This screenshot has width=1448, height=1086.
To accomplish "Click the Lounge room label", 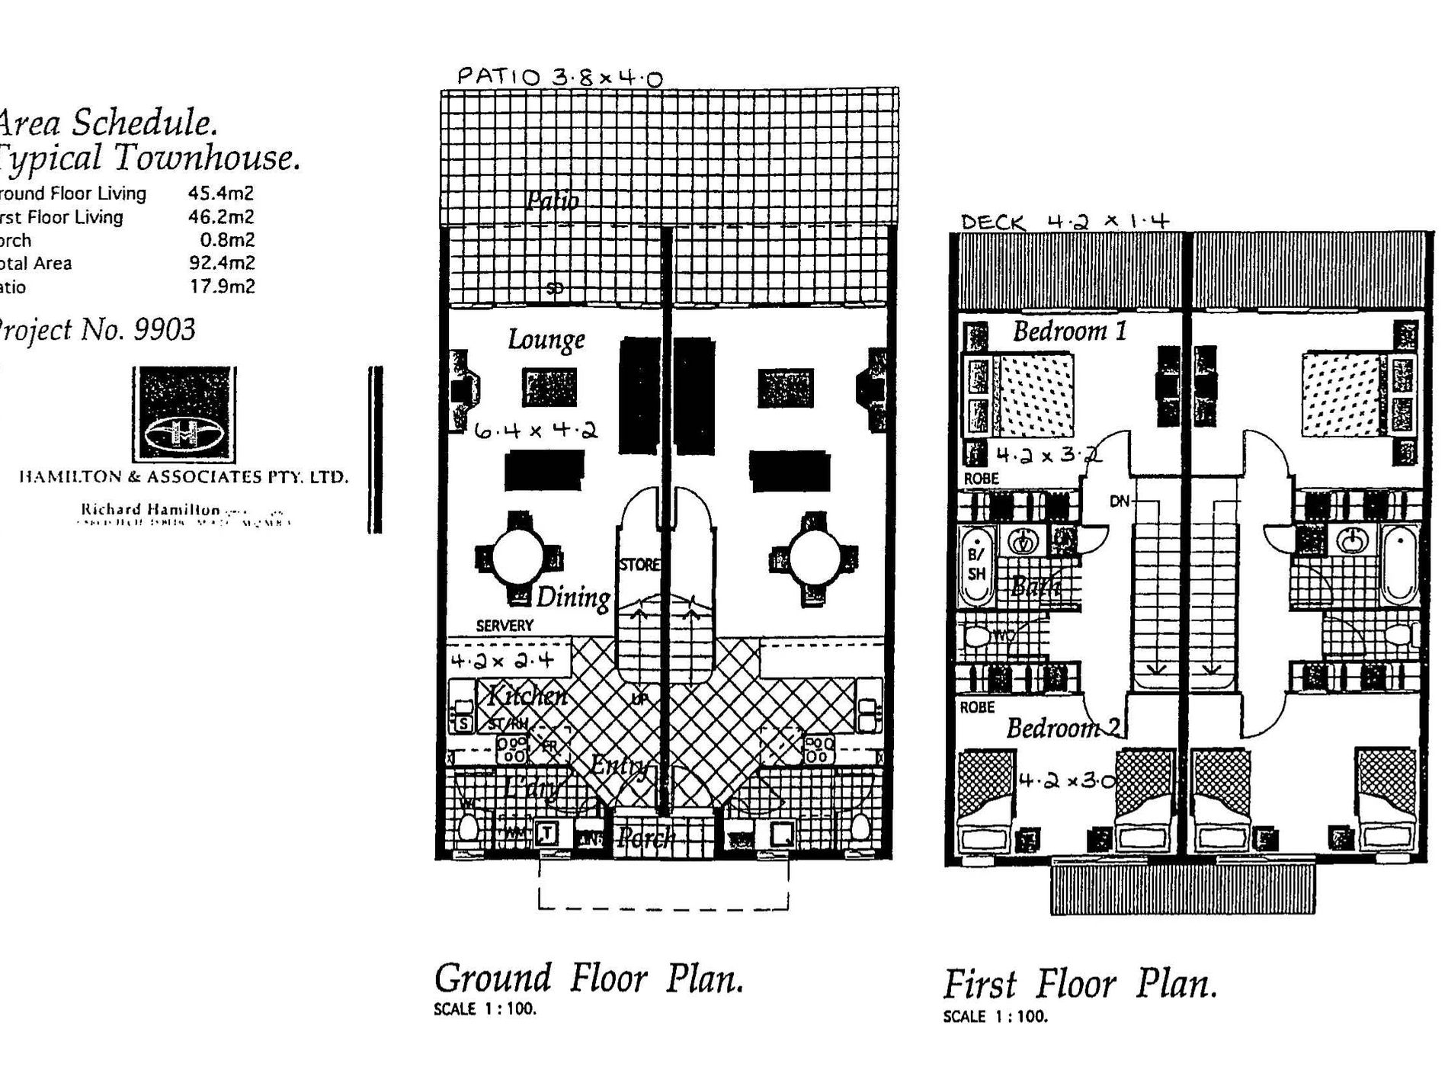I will pyautogui.click(x=546, y=339).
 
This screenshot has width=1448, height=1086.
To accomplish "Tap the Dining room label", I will pyautogui.click(x=573, y=597).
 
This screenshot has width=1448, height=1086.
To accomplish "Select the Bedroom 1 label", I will pyautogui.click(x=1068, y=332).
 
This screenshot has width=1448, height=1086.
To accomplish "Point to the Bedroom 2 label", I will pyautogui.click(x=1063, y=728).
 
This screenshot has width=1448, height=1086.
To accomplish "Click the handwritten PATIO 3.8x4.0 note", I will pyautogui.click(x=559, y=77).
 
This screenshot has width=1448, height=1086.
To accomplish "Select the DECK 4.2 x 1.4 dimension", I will pyautogui.click(x=1065, y=222).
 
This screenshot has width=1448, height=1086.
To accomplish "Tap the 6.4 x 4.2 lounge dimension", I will pyautogui.click(x=536, y=431).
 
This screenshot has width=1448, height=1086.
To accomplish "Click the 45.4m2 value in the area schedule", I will pyautogui.click(x=221, y=194).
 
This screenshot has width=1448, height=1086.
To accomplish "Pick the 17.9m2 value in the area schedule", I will pyautogui.click(x=222, y=287).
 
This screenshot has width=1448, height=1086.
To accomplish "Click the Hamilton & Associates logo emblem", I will pyautogui.click(x=184, y=415).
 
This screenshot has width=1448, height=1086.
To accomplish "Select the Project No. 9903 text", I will pyautogui.click(x=96, y=329).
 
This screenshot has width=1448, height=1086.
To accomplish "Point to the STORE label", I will pyautogui.click(x=639, y=565).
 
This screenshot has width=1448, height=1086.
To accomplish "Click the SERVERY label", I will pyautogui.click(x=505, y=626).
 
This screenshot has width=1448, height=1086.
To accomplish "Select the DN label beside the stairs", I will pyautogui.click(x=1119, y=501).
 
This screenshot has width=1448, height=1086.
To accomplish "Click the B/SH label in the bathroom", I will pyautogui.click(x=976, y=564).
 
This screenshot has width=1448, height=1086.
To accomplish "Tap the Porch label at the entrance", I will pyautogui.click(x=646, y=838).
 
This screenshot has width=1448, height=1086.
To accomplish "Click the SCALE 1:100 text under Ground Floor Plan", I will pyautogui.click(x=485, y=1009).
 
